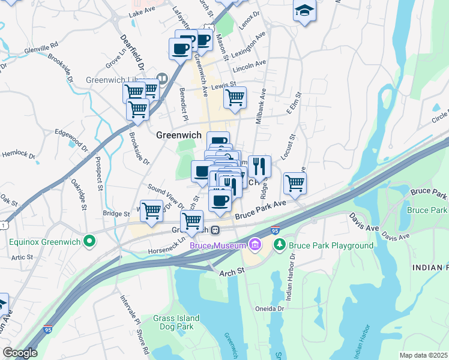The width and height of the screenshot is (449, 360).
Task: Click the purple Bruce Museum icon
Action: (255, 245)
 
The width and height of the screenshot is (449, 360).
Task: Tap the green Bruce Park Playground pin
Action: (279, 245)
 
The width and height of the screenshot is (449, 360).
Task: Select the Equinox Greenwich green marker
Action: (89, 242)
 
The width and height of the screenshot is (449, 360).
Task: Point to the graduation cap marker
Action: (305, 11)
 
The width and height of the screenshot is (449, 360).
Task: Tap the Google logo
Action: (20, 353)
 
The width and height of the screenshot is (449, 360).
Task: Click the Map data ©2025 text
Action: (423, 355)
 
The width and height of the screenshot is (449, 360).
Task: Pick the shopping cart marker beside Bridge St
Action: (151, 211)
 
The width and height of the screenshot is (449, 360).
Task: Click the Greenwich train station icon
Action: (214, 230)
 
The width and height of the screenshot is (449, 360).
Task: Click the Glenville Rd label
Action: (41, 46)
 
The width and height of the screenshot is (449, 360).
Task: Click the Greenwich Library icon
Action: (161, 79)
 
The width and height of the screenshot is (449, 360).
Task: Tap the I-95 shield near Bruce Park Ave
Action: (275, 230)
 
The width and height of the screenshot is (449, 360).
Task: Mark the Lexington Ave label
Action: (248, 46)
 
